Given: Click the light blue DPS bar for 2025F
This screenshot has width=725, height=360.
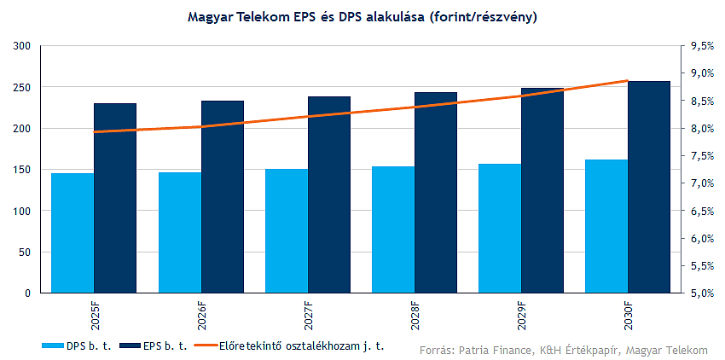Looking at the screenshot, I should [x=72, y=233].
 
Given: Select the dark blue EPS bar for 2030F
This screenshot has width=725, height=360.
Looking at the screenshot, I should [x=649, y=187].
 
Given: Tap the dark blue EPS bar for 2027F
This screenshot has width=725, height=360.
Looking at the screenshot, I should [x=329, y=195].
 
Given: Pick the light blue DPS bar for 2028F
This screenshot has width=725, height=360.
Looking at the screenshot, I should [x=393, y=229].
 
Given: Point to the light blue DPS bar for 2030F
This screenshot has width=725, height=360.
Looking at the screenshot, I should [x=606, y=226].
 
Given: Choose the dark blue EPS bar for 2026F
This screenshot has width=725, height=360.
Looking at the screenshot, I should [x=223, y=197].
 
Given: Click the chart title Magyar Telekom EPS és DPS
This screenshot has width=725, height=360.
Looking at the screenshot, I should [x=362, y=16].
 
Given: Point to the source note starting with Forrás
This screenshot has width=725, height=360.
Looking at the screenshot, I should [x=563, y=350].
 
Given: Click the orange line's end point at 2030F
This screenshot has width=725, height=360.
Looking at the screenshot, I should [x=628, y=81].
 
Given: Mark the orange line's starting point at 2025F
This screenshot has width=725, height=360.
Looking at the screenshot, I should [x=94, y=132].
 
